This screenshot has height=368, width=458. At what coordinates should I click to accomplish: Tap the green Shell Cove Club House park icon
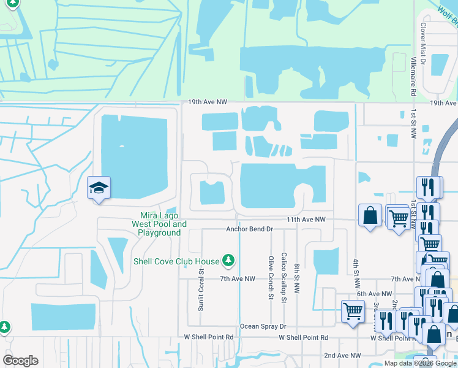click(x=228, y=261)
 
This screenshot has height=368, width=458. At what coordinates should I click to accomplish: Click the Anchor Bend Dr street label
click(x=249, y=229)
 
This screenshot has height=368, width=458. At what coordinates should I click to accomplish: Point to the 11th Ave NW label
click(x=304, y=219)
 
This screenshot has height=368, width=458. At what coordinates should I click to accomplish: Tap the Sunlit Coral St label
click(x=201, y=289)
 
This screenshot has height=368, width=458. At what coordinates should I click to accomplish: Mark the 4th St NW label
click(x=356, y=274)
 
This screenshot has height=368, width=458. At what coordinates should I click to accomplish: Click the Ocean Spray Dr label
click(x=263, y=326)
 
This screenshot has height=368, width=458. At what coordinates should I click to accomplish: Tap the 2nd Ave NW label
click(x=342, y=355)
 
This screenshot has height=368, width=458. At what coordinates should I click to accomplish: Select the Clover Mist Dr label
click(x=422, y=39)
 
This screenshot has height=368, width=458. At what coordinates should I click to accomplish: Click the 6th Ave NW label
click(x=374, y=294)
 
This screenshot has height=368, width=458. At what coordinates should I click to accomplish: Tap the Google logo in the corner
click(x=20, y=361)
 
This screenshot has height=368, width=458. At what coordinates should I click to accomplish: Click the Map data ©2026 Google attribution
click(x=420, y=363)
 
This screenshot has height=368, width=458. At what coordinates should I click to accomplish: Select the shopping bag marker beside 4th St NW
click(x=370, y=216)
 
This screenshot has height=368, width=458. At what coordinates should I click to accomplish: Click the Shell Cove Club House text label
click(x=176, y=261)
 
